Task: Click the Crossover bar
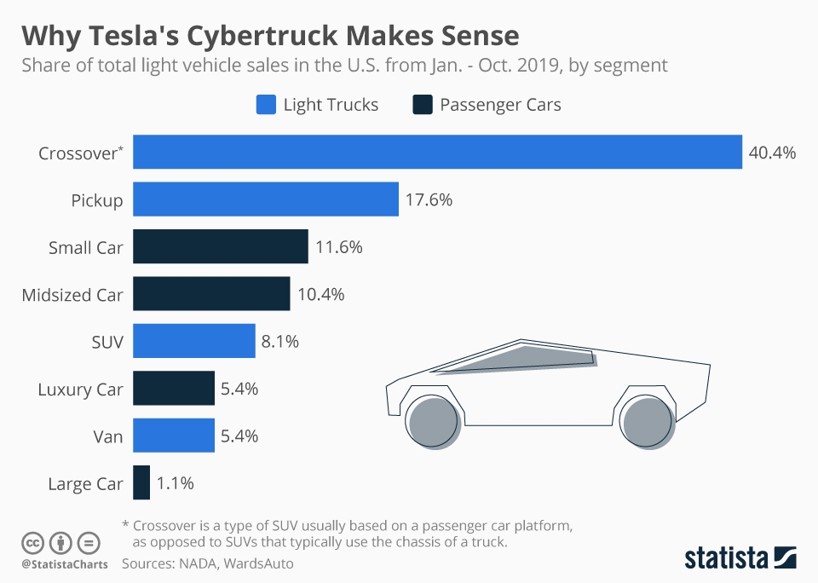click(437, 153)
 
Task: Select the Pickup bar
click(266, 199)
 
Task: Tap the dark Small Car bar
click(221, 247)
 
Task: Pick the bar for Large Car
click(141, 482)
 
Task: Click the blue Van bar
click(174, 436)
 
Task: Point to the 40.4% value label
click(772, 153)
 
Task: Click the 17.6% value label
click(429, 200)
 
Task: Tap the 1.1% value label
click(176, 483)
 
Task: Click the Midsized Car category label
click(72, 295)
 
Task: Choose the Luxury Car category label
click(80, 390)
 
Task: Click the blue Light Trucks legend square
click(266, 105)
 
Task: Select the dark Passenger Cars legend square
click(422, 105)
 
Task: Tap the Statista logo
click(740, 558)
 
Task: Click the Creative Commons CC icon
click(32, 542)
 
